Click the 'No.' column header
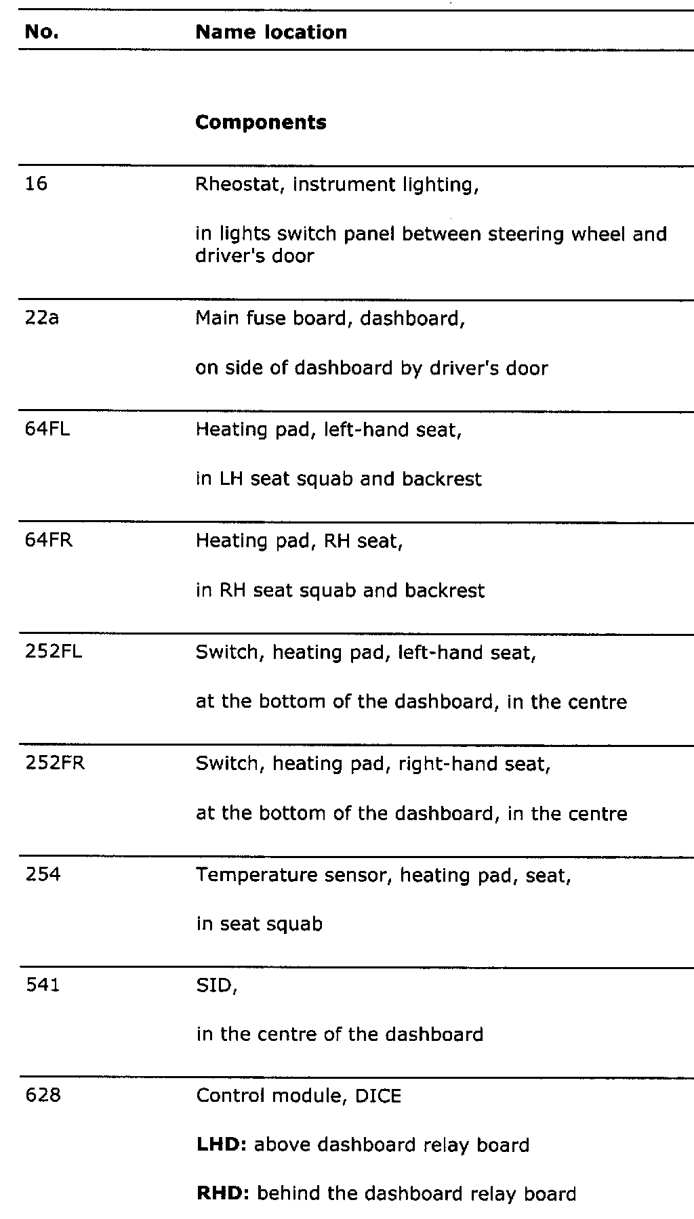pos(42,32)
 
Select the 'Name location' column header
pos(271,32)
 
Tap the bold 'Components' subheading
pos(261,123)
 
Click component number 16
pos(37,184)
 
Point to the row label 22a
pos(42,318)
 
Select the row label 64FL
pos(47,429)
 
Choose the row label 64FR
pos(49,540)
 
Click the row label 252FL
pos(54,652)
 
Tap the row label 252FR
pos(55,763)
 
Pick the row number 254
pos(43,875)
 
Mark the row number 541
pos(43,985)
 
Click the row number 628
pos(43,1095)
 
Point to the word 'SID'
pos(215,986)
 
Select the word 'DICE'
pos(378,1096)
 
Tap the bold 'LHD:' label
pos(221,1145)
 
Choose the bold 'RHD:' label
pos(223,1193)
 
